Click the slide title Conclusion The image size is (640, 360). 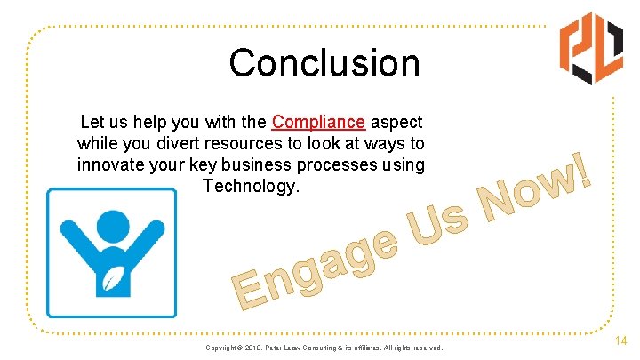coord(324,63)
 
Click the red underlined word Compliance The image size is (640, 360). coord(318,122)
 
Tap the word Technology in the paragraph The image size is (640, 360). coord(252,186)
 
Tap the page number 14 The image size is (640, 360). coord(620,340)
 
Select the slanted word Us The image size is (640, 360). coord(436,220)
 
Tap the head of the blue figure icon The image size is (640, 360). coord(111,228)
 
